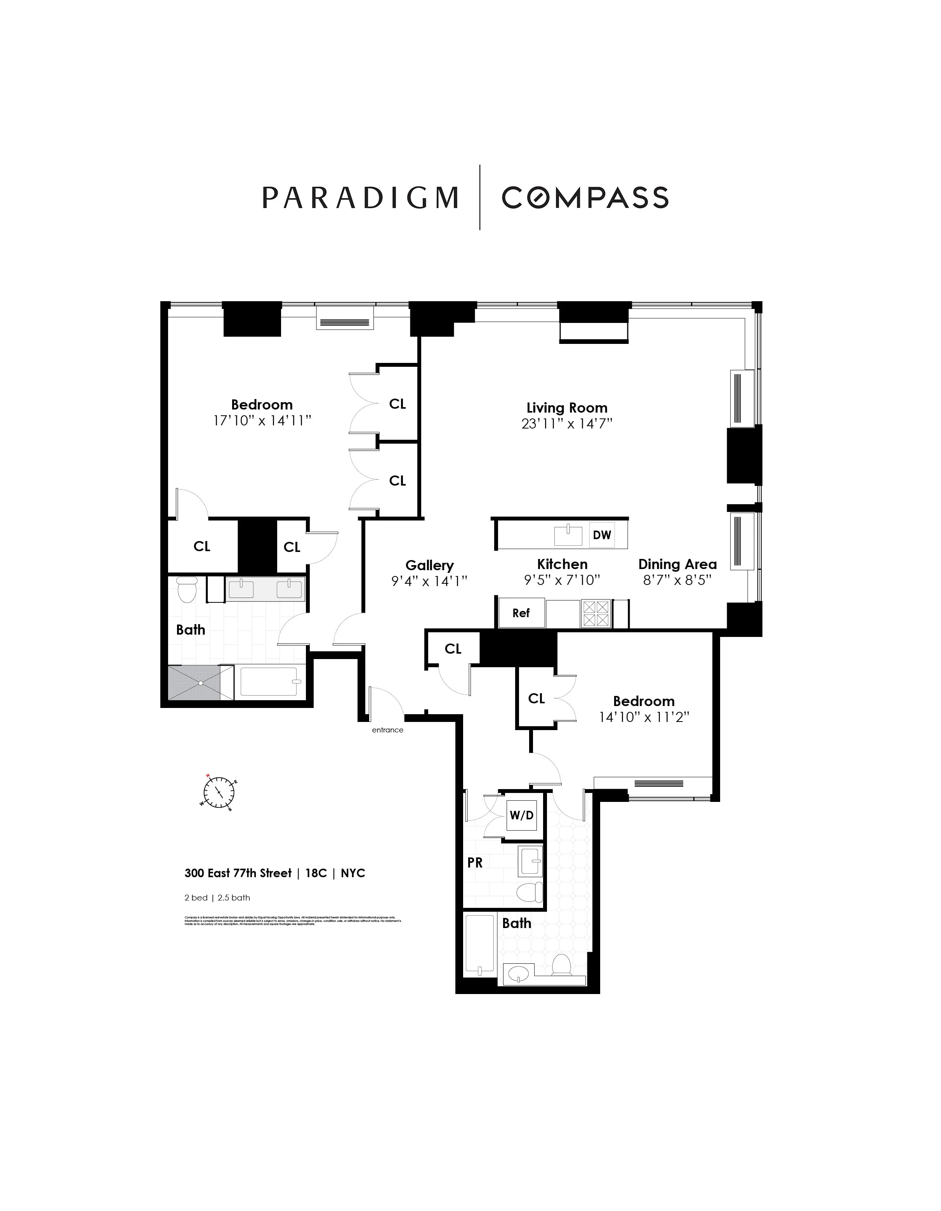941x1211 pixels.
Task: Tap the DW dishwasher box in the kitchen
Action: pos(602,535)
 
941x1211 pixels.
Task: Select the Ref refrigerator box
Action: pos(521,613)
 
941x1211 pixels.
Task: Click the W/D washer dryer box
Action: pos(521,815)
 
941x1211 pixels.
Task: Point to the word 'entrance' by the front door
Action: pos(387,730)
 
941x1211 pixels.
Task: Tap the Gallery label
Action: pos(429,566)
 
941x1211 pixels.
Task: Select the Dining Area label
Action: pos(677,564)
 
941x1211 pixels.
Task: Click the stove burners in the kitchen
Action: pos(596,614)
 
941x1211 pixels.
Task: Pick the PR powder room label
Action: pos(475,863)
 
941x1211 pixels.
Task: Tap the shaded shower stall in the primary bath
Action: pos(201,683)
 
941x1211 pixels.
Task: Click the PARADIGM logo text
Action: pos(360,198)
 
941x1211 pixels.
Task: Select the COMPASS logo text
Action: pos(585,198)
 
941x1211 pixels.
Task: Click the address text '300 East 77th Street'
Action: pos(238,873)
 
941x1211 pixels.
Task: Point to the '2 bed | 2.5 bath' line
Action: pos(217,898)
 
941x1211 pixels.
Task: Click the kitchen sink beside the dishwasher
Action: pos(568,536)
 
